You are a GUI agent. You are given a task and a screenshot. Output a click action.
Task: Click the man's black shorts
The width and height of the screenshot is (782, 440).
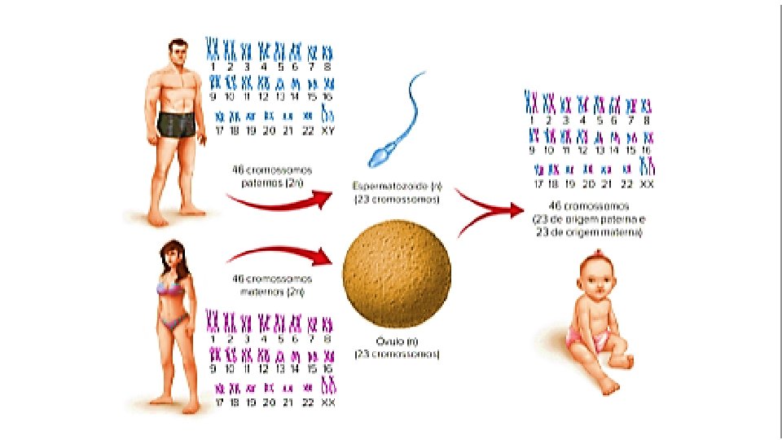[177, 125]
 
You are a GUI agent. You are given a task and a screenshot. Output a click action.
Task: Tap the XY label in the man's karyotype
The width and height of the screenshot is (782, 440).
[328, 130]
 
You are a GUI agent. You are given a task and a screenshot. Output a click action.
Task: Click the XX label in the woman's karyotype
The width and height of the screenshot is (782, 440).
[328, 403]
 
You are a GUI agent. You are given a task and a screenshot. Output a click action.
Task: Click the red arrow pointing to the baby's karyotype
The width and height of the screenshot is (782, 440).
[489, 210]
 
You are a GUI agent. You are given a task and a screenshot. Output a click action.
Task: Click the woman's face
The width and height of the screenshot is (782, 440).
[174, 257]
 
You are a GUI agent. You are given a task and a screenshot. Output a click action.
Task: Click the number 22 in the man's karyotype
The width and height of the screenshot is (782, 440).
[307, 130]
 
